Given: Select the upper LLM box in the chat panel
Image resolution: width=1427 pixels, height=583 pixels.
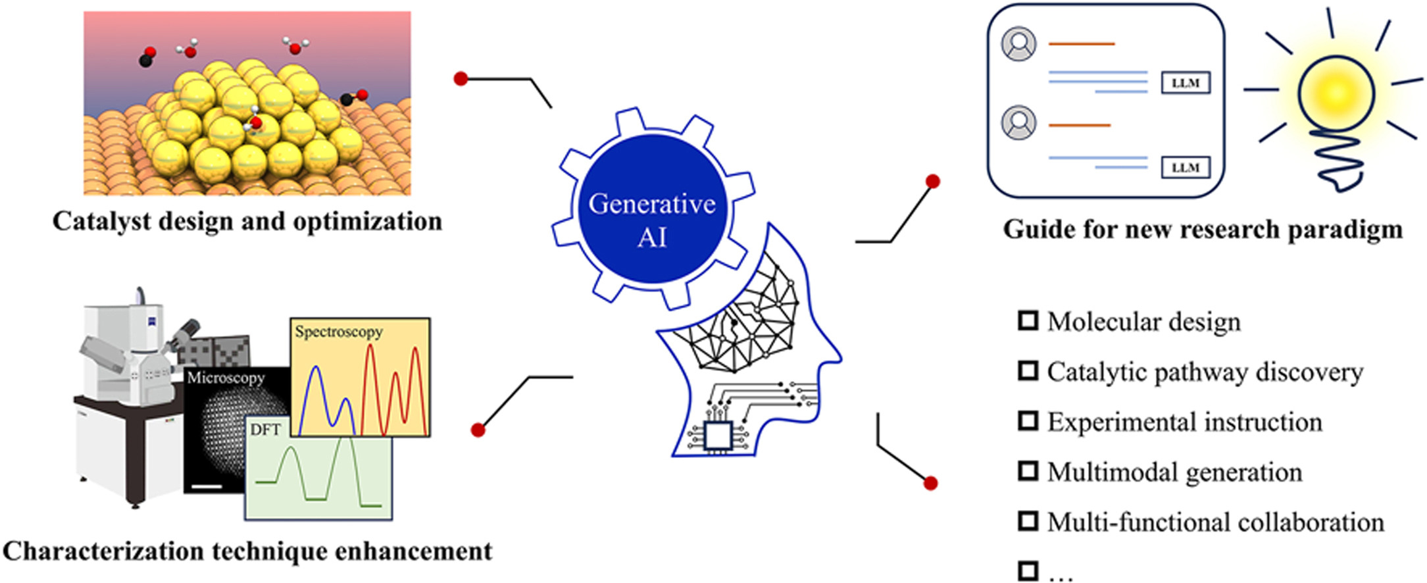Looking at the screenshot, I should coord(1186,83).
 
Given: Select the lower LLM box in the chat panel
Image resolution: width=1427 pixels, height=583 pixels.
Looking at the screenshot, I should coord(1186,167).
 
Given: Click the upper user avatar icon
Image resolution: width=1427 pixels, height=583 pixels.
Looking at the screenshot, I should coord(1018,44).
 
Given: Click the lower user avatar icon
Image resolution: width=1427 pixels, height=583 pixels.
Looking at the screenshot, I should coord(1018,122).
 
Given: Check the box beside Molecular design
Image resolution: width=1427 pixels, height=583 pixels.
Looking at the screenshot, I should coord(1028,320).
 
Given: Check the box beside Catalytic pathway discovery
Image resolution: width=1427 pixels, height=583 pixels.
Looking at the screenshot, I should coord(1028,370).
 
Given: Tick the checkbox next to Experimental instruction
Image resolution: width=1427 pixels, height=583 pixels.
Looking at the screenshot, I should coord(1028,420).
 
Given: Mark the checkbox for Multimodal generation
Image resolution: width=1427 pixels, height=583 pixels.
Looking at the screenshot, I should coord(1028,471).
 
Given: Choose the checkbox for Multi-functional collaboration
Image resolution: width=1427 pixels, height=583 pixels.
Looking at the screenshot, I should coord(1028,521).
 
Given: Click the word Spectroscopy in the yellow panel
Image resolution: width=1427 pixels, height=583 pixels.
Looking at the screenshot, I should coord(338,332).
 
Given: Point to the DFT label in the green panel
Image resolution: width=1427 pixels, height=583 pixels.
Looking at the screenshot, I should coord(265,430).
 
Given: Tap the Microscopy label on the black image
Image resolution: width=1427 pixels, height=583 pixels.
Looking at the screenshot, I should coord(226,378).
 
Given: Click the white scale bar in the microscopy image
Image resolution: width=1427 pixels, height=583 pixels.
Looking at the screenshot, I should coord(208,487).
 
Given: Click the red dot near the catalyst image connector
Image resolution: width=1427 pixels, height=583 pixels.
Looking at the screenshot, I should coord(461,79).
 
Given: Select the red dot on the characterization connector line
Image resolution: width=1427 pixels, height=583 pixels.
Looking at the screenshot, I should coord(478,430).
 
